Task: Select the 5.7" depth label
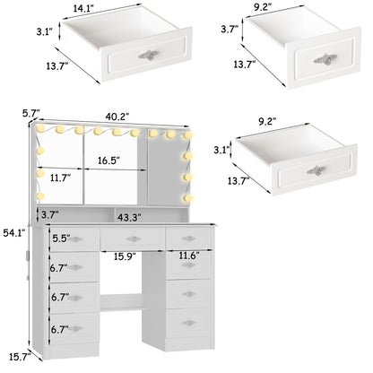pyautogui.click(x=30, y=114)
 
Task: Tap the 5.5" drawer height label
pyautogui.click(x=62, y=239)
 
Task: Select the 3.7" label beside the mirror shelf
pyautogui.click(x=50, y=216)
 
